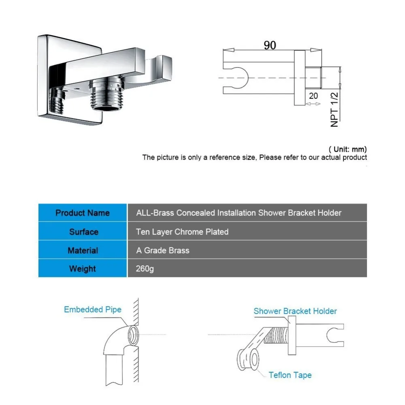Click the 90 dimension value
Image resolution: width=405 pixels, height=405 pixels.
tap(270, 45)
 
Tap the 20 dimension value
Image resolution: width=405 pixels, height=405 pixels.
tap(313, 96)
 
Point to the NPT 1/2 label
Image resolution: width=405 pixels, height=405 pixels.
tap(335, 109)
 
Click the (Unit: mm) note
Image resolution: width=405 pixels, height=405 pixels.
tap(347, 149)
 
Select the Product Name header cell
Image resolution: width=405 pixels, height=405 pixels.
tap(83, 213)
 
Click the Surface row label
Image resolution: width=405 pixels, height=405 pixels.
tap(83, 232)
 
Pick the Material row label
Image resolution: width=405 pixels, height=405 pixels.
tap(83, 251)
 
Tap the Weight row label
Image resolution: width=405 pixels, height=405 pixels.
tap(83, 269)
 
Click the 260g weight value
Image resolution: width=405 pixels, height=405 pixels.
tap(145, 269)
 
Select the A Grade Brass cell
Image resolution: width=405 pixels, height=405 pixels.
tap(163, 251)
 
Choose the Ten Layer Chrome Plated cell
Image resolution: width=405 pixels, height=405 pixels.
tap(182, 232)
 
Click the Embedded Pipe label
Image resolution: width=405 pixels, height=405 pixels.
tap(92, 310)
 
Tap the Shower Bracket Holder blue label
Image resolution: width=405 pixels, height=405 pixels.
tap(295, 311)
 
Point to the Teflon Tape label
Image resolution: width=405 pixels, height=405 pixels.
tap(290, 375)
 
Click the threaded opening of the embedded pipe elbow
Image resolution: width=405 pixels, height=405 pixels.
tap(132, 335)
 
